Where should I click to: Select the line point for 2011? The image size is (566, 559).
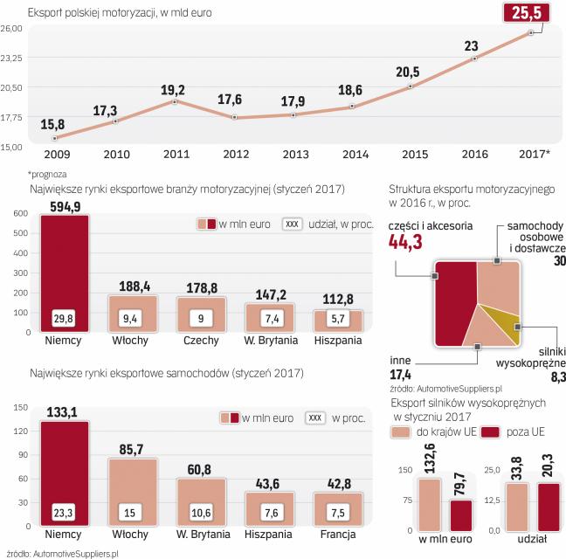(x=176, y=102)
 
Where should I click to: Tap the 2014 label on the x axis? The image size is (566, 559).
(x=354, y=155)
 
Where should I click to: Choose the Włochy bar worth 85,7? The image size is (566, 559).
(x=133, y=490)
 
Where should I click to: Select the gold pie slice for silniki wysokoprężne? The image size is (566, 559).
(x=505, y=325)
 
